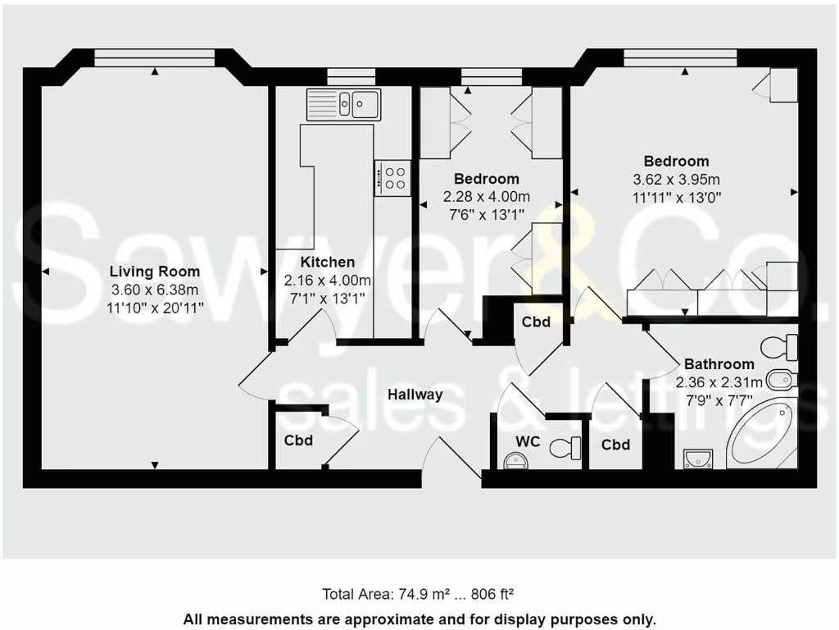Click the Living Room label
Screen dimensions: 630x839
click(154, 272)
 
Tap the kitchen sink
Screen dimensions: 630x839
click(344, 104)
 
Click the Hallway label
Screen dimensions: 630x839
click(415, 395)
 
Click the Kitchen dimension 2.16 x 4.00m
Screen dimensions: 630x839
click(327, 281)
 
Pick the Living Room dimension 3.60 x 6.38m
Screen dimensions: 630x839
click(154, 290)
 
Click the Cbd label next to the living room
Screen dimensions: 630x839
click(298, 441)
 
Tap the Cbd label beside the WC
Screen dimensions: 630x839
click(615, 445)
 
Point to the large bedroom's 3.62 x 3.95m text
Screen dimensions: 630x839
click(676, 180)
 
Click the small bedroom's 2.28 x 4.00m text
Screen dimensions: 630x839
click(486, 197)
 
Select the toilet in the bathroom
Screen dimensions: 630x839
click(779, 346)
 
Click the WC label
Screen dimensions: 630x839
click(527, 441)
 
